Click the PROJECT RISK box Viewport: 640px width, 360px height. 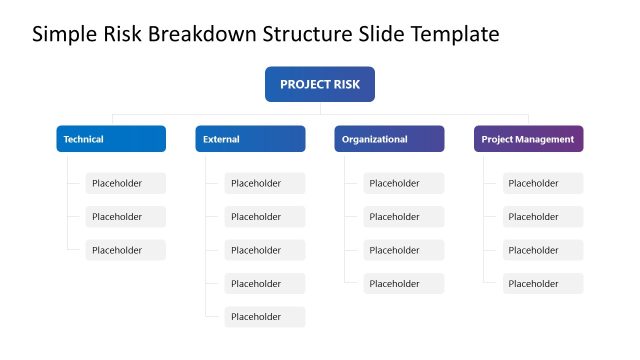319,84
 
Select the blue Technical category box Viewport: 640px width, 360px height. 111,139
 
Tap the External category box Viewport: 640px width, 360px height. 250,139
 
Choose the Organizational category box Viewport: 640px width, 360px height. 389,139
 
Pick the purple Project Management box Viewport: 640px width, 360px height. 528,139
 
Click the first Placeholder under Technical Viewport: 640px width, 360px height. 125,183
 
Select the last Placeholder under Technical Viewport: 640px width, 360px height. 125,250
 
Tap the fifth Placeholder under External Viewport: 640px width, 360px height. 264,317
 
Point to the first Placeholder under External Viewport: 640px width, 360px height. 264,183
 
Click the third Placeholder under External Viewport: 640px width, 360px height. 264,250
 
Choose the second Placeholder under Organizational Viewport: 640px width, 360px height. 403,217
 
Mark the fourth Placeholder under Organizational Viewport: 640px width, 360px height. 403,284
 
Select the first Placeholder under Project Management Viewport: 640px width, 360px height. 542,183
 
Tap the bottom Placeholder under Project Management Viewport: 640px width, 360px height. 542,284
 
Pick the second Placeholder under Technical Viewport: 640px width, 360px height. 125,217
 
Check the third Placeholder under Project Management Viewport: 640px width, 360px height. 542,250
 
